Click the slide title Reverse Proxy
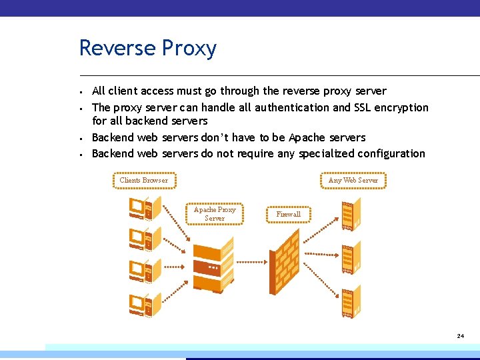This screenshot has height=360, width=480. [147, 49]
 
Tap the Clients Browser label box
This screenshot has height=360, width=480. [144, 180]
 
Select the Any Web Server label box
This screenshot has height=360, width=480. [353, 180]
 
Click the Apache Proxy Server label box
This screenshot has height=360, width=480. [215, 214]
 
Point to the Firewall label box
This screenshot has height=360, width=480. [289, 215]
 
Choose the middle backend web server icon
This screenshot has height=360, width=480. [349, 257]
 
